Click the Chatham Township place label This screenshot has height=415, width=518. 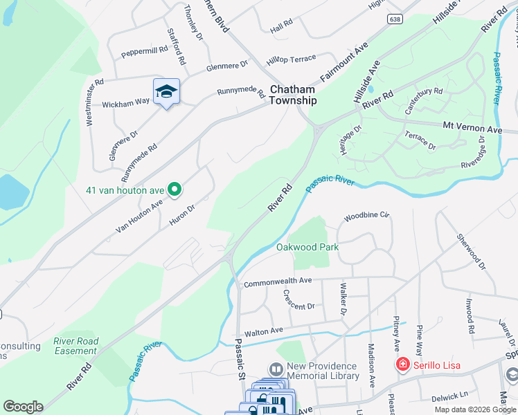293,95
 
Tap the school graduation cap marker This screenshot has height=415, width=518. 166,92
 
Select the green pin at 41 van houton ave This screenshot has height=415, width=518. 175,188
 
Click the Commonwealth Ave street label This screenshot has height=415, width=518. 277,281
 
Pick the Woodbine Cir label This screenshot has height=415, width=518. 368,215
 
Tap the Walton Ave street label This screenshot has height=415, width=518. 260,331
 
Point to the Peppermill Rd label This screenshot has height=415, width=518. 145,50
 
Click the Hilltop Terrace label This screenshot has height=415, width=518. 292,59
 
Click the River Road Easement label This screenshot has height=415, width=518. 76,346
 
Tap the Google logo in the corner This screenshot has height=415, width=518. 23,407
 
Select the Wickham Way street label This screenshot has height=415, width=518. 126,102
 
